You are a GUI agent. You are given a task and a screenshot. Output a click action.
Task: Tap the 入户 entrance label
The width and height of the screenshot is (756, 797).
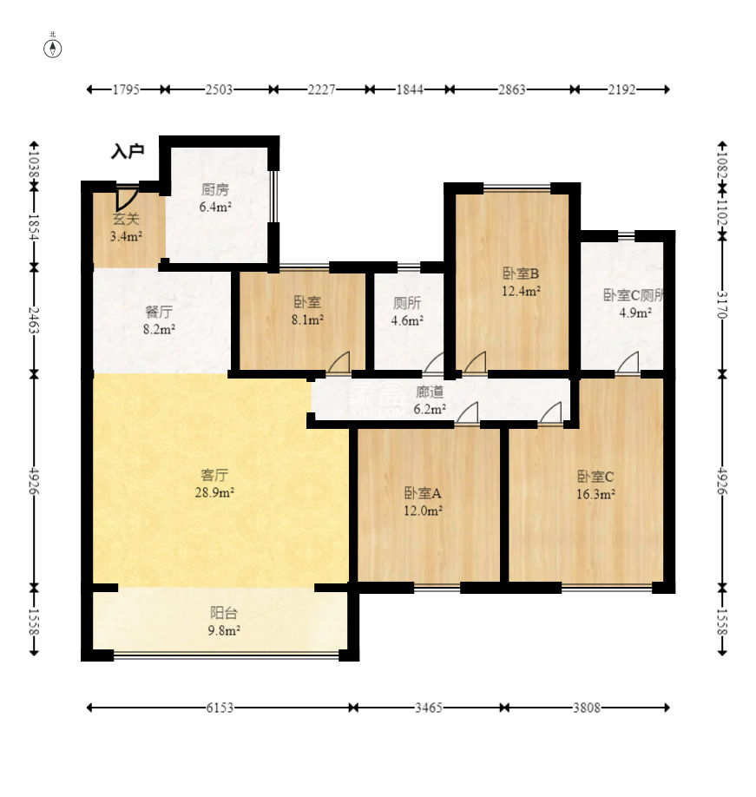(x=128, y=151)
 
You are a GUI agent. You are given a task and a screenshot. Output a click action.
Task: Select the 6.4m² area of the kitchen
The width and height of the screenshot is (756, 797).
(x=215, y=207)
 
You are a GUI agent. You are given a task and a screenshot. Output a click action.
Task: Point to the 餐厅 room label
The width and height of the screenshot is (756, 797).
(x=159, y=311)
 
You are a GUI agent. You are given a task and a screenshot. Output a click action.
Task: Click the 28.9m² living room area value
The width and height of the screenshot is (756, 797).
(x=214, y=492)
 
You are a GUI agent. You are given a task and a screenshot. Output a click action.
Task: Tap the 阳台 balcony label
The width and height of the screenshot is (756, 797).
(x=224, y=612)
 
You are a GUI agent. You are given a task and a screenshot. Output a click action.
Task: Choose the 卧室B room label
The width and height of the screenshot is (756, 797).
(x=521, y=273)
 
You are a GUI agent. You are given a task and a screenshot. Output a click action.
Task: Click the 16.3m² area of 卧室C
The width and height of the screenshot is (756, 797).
(x=596, y=494)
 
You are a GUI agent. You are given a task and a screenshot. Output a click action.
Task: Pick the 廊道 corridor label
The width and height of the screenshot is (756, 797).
(x=430, y=392)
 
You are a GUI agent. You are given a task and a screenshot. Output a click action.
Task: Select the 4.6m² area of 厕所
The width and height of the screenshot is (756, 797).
(x=407, y=320)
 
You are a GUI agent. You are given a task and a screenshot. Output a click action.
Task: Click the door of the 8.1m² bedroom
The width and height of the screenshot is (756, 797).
(x=339, y=361)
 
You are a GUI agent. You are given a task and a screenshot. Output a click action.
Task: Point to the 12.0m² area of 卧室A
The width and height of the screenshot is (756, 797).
(x=423, y=510)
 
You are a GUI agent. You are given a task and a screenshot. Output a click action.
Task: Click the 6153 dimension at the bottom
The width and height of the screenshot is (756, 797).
(x=220, y=708)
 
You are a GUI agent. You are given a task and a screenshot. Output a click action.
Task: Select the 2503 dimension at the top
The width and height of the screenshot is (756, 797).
(x=219, y=90)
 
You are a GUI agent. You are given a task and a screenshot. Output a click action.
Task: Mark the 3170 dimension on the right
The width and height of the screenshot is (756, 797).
(x=721, y=305)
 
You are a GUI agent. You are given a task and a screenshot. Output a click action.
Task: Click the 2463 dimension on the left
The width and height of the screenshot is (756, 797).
(x=34, y=320)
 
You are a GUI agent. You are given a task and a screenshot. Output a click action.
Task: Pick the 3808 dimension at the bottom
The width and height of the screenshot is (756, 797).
(x=587, y=708)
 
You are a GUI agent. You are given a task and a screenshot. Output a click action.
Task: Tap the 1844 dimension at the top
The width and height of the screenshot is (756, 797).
(x=410, y=90)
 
